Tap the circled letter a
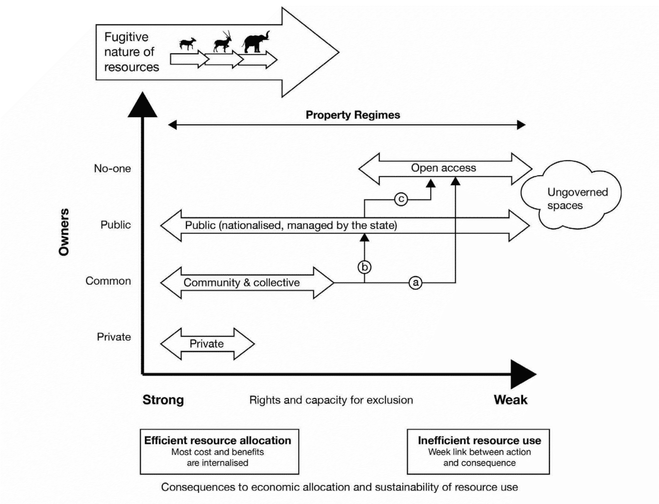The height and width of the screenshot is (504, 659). [415, 282]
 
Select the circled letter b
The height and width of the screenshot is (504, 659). [364, 267]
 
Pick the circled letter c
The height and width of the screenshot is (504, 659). [401, 199]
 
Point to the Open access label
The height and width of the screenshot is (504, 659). [443, 168]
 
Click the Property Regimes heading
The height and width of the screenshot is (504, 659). [353, 115]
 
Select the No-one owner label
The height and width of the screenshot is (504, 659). [113, 169]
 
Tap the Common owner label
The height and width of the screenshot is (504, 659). [108, 281]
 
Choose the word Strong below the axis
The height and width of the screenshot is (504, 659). [164, 400]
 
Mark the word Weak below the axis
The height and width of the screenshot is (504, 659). [510, 400]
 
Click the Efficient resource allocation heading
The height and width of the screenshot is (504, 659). [218, 440]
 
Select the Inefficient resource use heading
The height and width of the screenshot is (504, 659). [479, 440]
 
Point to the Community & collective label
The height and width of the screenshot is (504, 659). [242, 282]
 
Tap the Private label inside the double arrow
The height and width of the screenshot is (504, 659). [206, 343]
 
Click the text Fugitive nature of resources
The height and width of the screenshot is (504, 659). [132, 52]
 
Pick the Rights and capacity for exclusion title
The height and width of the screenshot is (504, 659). [331, 401]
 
